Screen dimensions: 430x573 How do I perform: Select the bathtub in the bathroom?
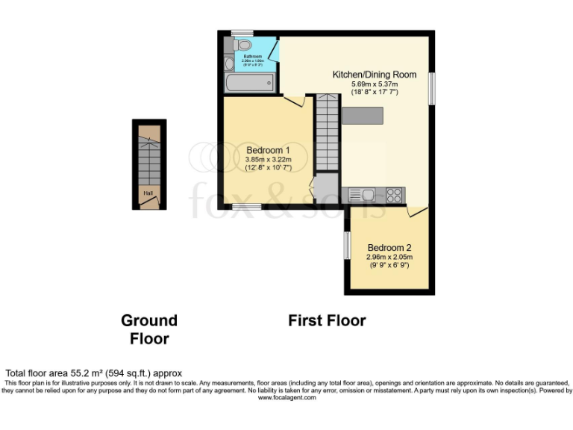click(x=251, y=82)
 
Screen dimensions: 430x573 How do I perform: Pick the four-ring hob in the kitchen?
click(x=394, y=196)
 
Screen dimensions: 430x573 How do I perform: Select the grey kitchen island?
click(x=363, y=116)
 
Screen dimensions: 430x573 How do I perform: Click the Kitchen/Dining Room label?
click(x=375, y=75)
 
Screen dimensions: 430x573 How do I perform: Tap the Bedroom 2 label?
click(x=389, y=248)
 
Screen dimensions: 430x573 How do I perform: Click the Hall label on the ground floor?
click(x=148, y=193)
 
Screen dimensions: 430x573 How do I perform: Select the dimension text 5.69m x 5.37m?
click(x=375, y=84)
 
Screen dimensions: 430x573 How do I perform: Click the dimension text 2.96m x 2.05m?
click(x=389, y=257)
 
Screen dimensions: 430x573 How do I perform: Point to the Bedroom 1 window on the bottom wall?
click(x=246, y=206)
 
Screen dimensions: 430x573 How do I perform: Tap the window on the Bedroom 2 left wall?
click(x=346, y=246)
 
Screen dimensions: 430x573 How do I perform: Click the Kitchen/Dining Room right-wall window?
click(x=430, y=88)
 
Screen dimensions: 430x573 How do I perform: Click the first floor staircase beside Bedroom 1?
click(x=327, y=131)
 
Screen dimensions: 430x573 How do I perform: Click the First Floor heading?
click(x=327, y=320)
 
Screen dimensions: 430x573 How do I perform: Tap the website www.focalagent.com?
click(x=286, y=398)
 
